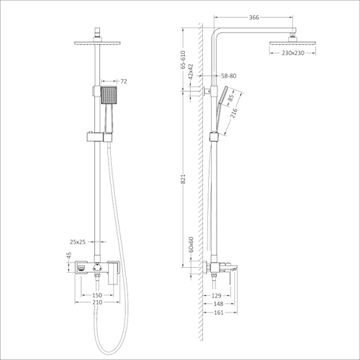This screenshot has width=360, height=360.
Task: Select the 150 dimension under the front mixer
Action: coord(96,295)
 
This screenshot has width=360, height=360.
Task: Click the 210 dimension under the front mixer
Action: coord(96,304)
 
